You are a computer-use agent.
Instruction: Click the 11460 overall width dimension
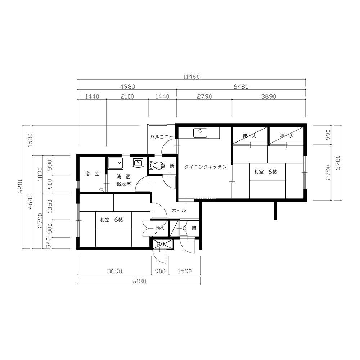[x=192, y=77]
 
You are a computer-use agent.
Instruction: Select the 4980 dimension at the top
[x=127, y=87]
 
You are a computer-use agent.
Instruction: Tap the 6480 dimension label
[x=241, y=87]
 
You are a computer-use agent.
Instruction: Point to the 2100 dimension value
[x=127, y=96]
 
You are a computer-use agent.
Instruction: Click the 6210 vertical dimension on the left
[x=21, y=186]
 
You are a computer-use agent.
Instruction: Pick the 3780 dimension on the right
[x=338, y=163]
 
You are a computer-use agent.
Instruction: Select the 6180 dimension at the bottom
[x=139, y=281]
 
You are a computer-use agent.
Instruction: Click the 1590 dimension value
[x=185, y=271]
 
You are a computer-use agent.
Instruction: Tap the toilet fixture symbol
[x=155, y=165]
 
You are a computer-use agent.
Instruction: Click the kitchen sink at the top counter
[x=200, y=133]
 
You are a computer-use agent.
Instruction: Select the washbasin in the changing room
[x=138, y=162]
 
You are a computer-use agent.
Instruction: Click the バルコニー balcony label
[x=162, y=137]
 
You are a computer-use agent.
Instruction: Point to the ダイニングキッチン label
[x=206, y=167]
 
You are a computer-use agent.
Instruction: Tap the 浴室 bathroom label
[x=92, y=174]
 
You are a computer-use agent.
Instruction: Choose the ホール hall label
[x=179, y=210]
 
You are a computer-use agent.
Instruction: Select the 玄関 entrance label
[x=189, y=229]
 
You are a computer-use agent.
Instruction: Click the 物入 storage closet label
[x=160, y=228]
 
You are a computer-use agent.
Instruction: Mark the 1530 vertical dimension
[x=31, y=140]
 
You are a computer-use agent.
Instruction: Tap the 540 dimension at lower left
[x=48, y=243]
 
